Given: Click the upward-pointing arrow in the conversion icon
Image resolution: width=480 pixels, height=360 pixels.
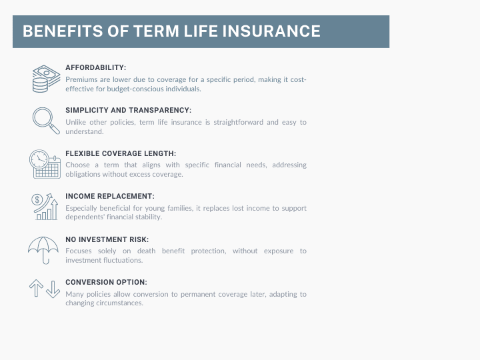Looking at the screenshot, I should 36,289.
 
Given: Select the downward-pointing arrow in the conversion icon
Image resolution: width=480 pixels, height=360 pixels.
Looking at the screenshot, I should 53,289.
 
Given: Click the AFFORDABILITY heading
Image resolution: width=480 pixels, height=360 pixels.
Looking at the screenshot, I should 95,67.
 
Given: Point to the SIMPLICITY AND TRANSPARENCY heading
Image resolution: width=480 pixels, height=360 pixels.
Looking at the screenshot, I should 128,110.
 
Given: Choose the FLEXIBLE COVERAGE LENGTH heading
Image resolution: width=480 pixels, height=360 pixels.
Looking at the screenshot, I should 121,153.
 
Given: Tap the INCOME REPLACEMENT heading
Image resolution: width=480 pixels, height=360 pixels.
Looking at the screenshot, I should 110,196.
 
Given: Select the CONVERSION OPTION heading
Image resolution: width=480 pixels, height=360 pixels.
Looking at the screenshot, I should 106,281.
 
